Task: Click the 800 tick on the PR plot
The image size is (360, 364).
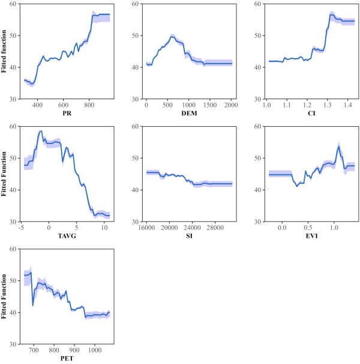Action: click(89, 105)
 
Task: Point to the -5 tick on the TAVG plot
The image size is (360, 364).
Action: click(21, 227)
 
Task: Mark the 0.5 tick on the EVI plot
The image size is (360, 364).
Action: click(307, 227)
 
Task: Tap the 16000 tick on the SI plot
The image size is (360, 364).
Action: click(146, 227)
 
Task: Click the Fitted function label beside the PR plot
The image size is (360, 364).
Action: click(5, 51)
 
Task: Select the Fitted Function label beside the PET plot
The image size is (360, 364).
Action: click(5, 296)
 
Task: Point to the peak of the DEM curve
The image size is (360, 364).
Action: click(172, 37)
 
